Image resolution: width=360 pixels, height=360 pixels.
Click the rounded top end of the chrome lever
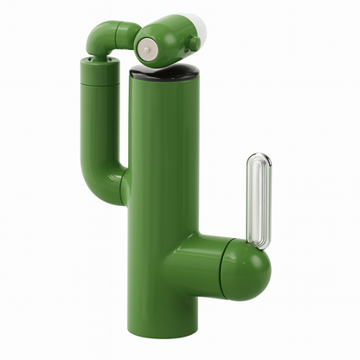coord(258,159)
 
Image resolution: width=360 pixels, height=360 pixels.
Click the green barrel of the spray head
coord(169,39)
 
